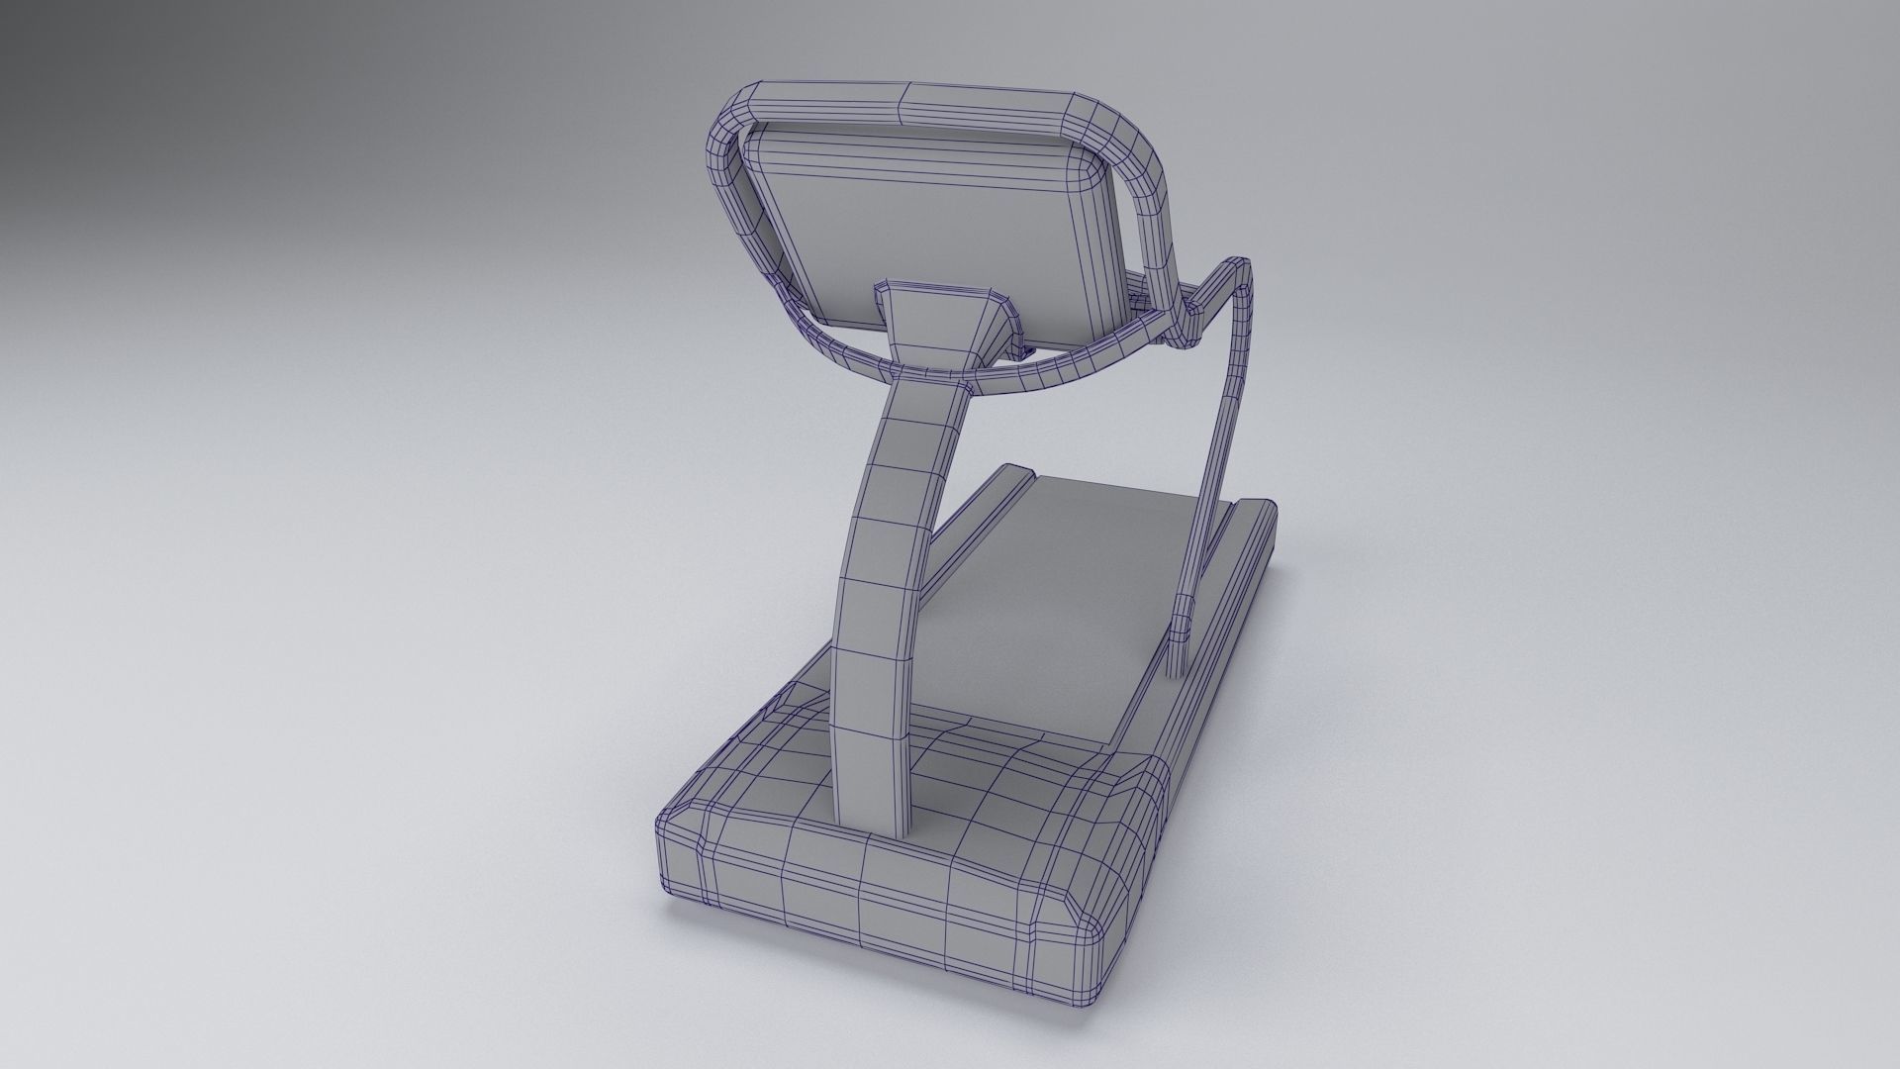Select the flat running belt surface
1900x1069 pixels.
click(1069, 594)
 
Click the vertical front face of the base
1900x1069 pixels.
click(871, 891)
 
